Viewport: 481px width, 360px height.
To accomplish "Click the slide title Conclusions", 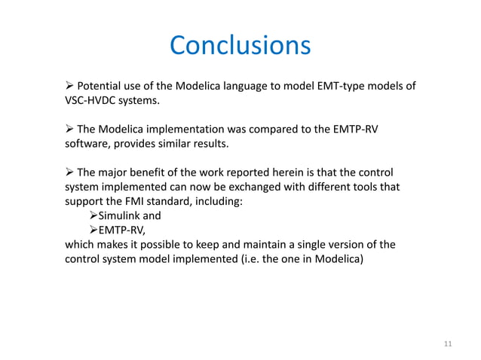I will (x=240, y=45).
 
